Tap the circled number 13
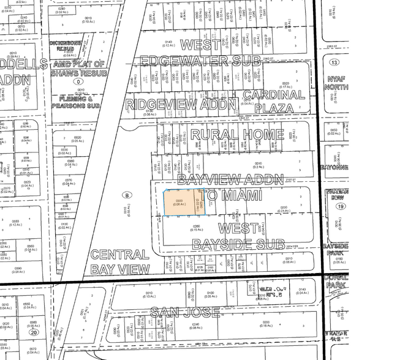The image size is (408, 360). (x=334, y=63)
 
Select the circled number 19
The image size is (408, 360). (x=338, y=207)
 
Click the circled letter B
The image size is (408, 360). (x=127, y=195)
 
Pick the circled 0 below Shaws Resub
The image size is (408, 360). (x=77, y=81)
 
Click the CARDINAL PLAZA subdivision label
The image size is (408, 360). (x=274, y=102)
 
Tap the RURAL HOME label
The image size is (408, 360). (x=237, y=135)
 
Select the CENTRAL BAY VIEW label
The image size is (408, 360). (x=119, y=261)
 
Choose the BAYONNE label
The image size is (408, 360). (x=335, y=167)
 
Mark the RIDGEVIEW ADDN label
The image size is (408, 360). (x=181, y=104)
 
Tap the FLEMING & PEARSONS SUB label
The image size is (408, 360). (x=80, y=101)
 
